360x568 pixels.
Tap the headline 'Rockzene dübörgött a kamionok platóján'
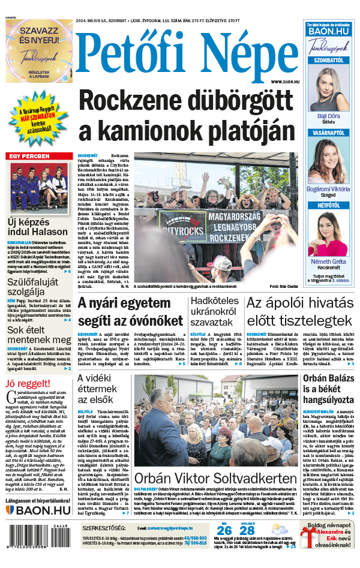pyautogui.click(x=189, y=116)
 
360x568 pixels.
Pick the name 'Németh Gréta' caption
pyautogui.click(x=328, y=262)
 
